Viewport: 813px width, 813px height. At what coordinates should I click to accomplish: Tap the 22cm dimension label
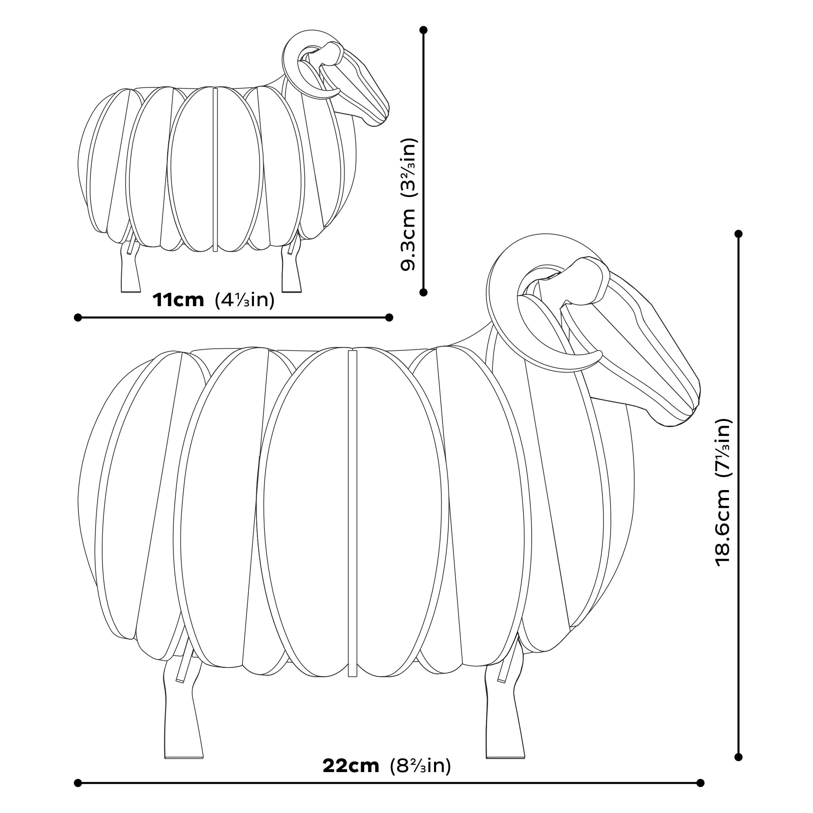pyautogui.click(x=351, y=766)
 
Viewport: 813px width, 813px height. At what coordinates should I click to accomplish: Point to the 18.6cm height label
pyautogui.click(x=724, y=528)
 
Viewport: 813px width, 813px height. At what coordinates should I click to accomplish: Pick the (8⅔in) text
pyautogui.click(x=420, y=766)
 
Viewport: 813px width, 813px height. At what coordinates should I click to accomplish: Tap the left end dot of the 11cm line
pyautogui.click(x=78, y=317)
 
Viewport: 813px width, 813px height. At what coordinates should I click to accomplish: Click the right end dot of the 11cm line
pyautogui.click(x=389, y=317)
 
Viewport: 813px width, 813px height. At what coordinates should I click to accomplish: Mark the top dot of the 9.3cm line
pyautogui.click(x=424, y=30)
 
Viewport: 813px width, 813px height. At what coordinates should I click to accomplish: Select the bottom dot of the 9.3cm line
pyautogui.click(x=424, y=292)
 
